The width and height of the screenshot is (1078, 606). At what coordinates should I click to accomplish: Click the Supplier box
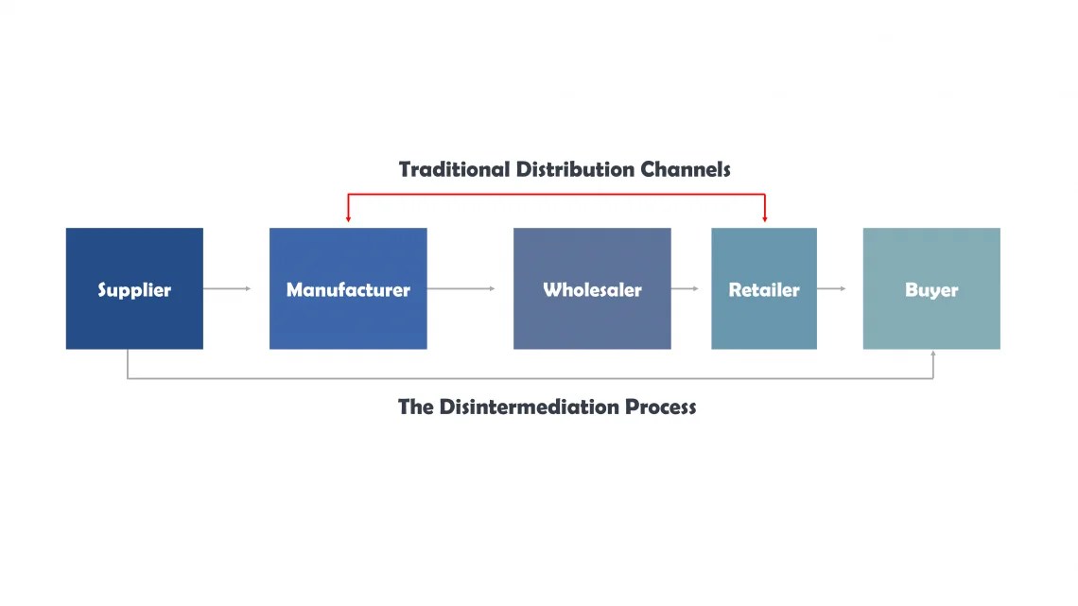pyautogui.click(x=134, y=288)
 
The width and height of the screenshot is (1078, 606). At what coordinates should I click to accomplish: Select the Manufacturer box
pyautogui.click(x=348, y=288)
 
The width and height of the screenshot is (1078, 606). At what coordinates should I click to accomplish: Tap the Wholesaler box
pyautogui.click(x=592, y=288)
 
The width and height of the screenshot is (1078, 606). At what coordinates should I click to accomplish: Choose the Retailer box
pyautogui.click(x=764, y=288)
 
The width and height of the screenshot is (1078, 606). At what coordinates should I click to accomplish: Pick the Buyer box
pyautogui.click(x=931, y=288)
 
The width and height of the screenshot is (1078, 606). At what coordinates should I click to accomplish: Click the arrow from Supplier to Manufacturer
pyautogui.click(x=227, y=288)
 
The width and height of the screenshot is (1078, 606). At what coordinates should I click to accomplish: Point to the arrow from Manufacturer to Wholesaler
pyautogui.click(x=461, y=288)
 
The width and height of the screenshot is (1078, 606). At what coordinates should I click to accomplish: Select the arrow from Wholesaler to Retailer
pyautogui.click(x=686, y=288)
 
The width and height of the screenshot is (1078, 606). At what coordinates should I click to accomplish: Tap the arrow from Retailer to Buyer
pyautogui.click(x=832, y=288)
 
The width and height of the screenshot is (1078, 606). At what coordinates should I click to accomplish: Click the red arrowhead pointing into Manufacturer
pyautogui.click(x=348, y=218)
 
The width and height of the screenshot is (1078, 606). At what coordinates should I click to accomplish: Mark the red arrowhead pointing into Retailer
pyautogui.click(x=764, y=218)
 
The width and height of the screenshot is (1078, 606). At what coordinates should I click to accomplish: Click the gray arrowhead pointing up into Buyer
pyautogui.click(x=933, y=355)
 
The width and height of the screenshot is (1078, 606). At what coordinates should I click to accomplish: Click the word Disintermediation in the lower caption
pyautogui.click(x=530, y=407)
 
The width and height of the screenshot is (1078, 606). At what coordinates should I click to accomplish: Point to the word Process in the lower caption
pyautogui.click(x=660, y=407)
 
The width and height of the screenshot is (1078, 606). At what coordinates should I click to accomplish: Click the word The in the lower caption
pyautogui.click(x=415, y=407)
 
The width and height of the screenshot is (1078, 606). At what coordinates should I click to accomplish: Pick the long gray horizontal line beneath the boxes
pyautogui.click(x=530, y=378)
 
